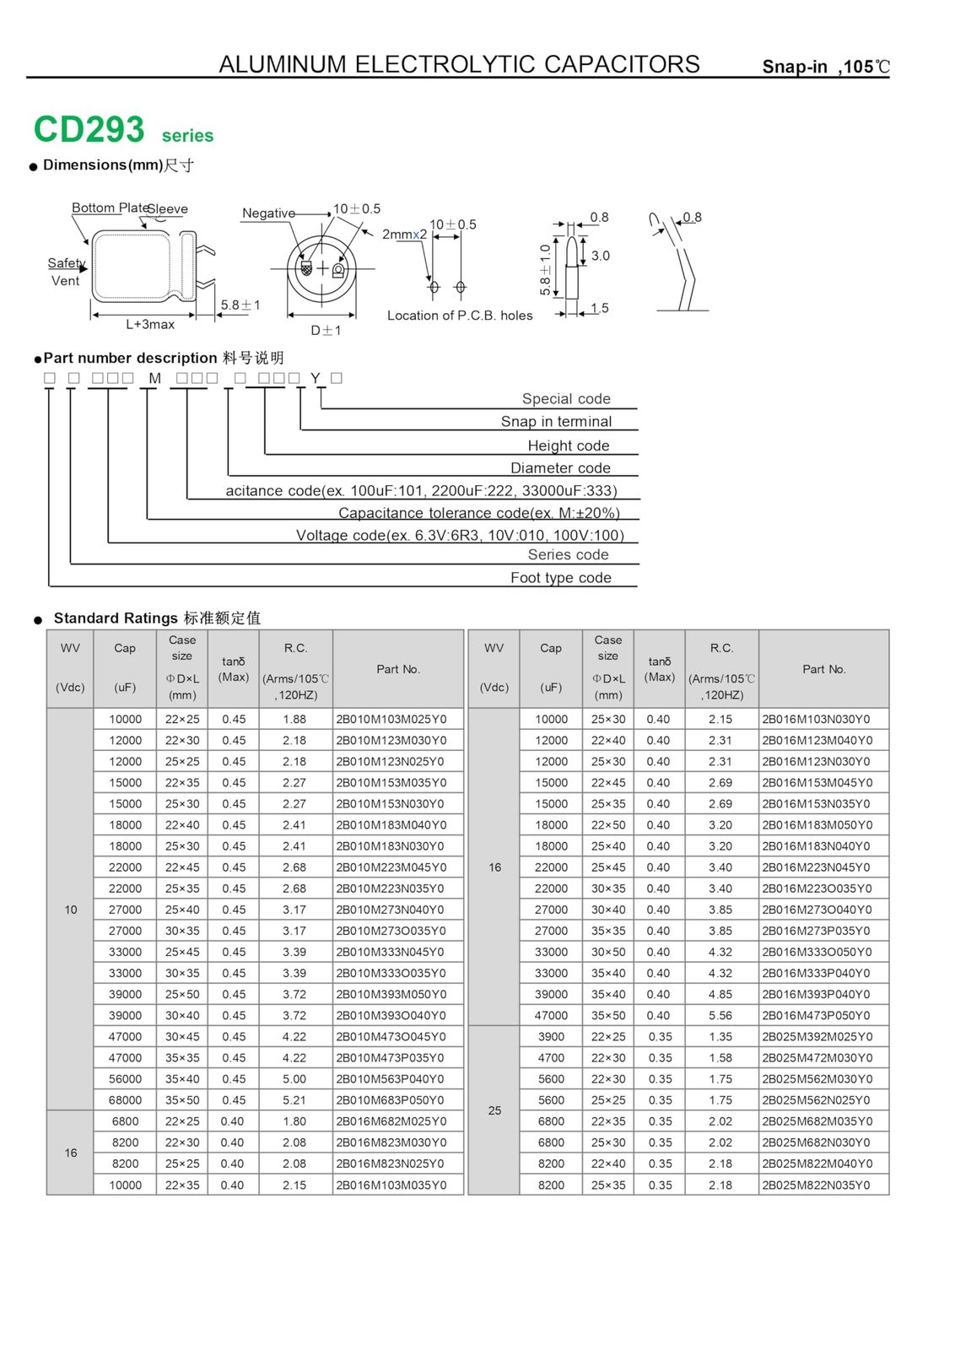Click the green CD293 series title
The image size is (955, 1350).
coord(123,130)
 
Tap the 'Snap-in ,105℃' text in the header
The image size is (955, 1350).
coord(825,67)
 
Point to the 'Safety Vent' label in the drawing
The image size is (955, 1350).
coord(67,272)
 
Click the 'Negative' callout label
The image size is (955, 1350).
coord(269,213)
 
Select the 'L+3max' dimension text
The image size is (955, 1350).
coord(150,324)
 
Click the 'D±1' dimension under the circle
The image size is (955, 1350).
coord(326,330)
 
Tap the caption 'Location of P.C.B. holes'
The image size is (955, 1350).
coord(460,316)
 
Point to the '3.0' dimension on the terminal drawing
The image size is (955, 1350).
coord(600,256)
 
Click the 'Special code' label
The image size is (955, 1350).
coord(566,398)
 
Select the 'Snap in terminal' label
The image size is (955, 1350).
coord(556,421)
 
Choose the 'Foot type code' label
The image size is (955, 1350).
coord(561,577)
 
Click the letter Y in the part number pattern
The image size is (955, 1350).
coord(316,378)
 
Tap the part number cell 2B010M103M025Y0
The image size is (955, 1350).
coord(391,719)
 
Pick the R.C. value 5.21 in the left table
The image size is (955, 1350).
coord(294,1100)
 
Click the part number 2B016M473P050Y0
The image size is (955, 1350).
coord(816,1016)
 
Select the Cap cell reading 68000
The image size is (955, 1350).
coord(125,1100)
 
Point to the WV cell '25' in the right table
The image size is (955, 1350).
coord(494,1110)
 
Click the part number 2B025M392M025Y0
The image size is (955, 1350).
coord(817,1037)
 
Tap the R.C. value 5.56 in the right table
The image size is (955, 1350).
coord(720,1016)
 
